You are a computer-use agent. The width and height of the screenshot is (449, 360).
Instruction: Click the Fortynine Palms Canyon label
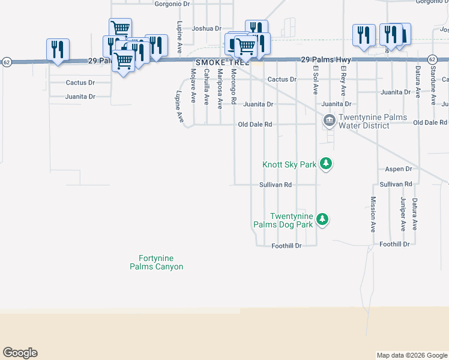[156, 263]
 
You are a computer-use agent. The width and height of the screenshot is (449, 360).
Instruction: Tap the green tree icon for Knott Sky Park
[326, 163]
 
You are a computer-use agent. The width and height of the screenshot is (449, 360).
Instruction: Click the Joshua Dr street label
[206, 28]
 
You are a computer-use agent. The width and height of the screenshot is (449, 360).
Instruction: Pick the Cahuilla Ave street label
[206, 85]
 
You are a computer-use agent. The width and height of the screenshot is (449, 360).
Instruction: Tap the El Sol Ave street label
[315, 80]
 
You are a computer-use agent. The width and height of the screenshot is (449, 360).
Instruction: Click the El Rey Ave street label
[343, 81]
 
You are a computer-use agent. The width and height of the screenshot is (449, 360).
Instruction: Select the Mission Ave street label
[373, 214]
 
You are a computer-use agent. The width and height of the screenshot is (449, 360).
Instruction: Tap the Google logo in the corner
[20, 353]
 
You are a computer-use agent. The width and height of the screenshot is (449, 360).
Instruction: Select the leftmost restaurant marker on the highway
[58, 50]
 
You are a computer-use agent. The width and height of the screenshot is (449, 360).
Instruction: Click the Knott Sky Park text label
[289, 164]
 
